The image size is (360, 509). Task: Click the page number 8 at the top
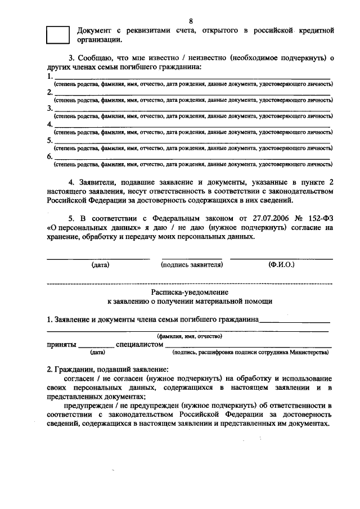click(x=191, y=21)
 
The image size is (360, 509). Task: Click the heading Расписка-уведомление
click(x=190, y=292)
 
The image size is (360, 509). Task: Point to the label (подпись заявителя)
click(x=192, y=264)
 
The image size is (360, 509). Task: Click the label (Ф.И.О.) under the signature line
click(x=281, y=264)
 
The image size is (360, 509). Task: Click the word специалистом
click(x=139, y=344)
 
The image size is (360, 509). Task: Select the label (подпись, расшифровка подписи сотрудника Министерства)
click(x=250, y=353)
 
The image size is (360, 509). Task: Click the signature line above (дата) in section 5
click(x=97, y=258)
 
